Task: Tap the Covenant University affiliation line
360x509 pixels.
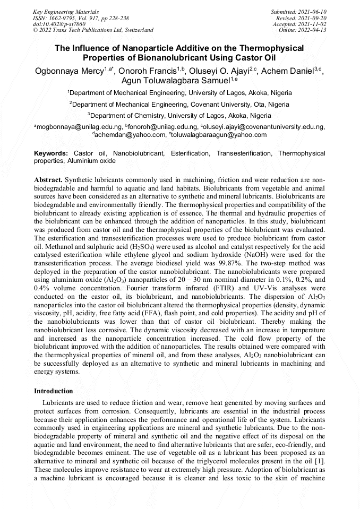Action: [179, 104]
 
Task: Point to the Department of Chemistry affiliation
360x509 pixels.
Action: [179, 115]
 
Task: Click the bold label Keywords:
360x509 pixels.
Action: [51, 153]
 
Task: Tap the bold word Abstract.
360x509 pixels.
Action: [49, 180]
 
